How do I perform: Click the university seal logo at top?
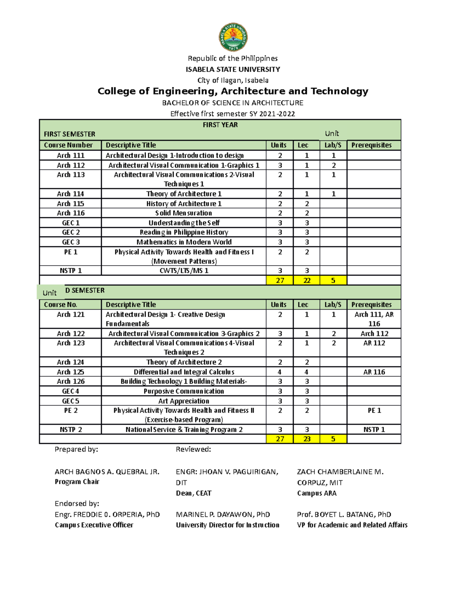pyautogui.click(x=233, y=37)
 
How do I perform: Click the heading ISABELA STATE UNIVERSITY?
pyautogui.click(x=233, y=70)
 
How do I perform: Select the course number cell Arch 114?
pyautogui.click(x=70, y=194)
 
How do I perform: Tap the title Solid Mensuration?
pyautogui.click(x=183, y=213)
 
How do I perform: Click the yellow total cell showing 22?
pyautogui.click(x=307, y=280)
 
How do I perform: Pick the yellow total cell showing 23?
pyautogui.click(x=307, y=439)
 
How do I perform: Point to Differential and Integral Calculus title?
pyautogui.click(x=184, y=372)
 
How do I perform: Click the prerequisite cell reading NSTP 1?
pyautogui.click(x=374, y=429)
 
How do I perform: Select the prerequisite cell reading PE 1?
pyautogui.click(x=374, y=410)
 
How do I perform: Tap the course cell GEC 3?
pyautogui.click(x=70, y=242)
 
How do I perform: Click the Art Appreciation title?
pyautogui.click(x=184, y=401)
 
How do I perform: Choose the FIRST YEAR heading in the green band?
pyautogui.click(x=220, y=125)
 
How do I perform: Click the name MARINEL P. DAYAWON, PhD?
pyautogui.click(x=223, y=514)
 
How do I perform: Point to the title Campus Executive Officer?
pyautogui.click(x=94, y=525)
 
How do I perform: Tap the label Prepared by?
pyautogui.click(x=76, y=449)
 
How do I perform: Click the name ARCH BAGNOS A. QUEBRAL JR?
pyautogui.click(x=107, y=472)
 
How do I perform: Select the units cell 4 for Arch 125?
pyautogui.click(x=280, y=372)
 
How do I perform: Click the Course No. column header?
pyautogui.click(x=61, y=305)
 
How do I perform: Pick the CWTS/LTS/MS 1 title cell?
pyautogui.click(x=184, y=271)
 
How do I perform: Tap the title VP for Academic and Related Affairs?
pyautogui.click(x=352, y=525)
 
